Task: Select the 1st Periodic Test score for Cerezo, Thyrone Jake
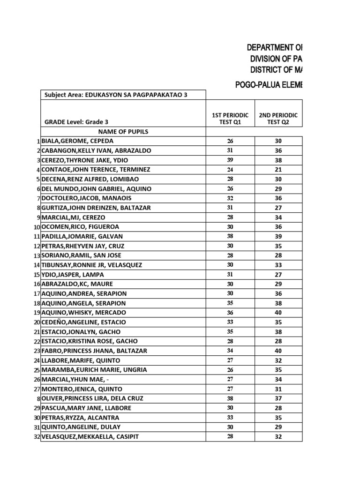coord(230,160)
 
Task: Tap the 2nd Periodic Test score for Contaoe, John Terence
coord(278,170)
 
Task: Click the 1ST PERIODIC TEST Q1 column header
coord(230,119)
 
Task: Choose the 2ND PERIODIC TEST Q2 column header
coord(278,119)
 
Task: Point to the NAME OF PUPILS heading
coord(123,132)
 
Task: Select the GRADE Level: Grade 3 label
coord(70,122)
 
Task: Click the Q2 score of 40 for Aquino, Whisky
coord(278,313)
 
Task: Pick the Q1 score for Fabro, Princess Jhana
coord(230,351)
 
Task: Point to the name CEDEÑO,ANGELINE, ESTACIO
coord(84,322)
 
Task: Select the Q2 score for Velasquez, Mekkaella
coord(278,436)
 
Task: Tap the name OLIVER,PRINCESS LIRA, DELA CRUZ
coord(92,398)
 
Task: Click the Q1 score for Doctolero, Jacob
coord(230,198)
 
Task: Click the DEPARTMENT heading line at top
coord(275,47)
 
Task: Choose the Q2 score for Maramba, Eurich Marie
coord(278,370)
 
